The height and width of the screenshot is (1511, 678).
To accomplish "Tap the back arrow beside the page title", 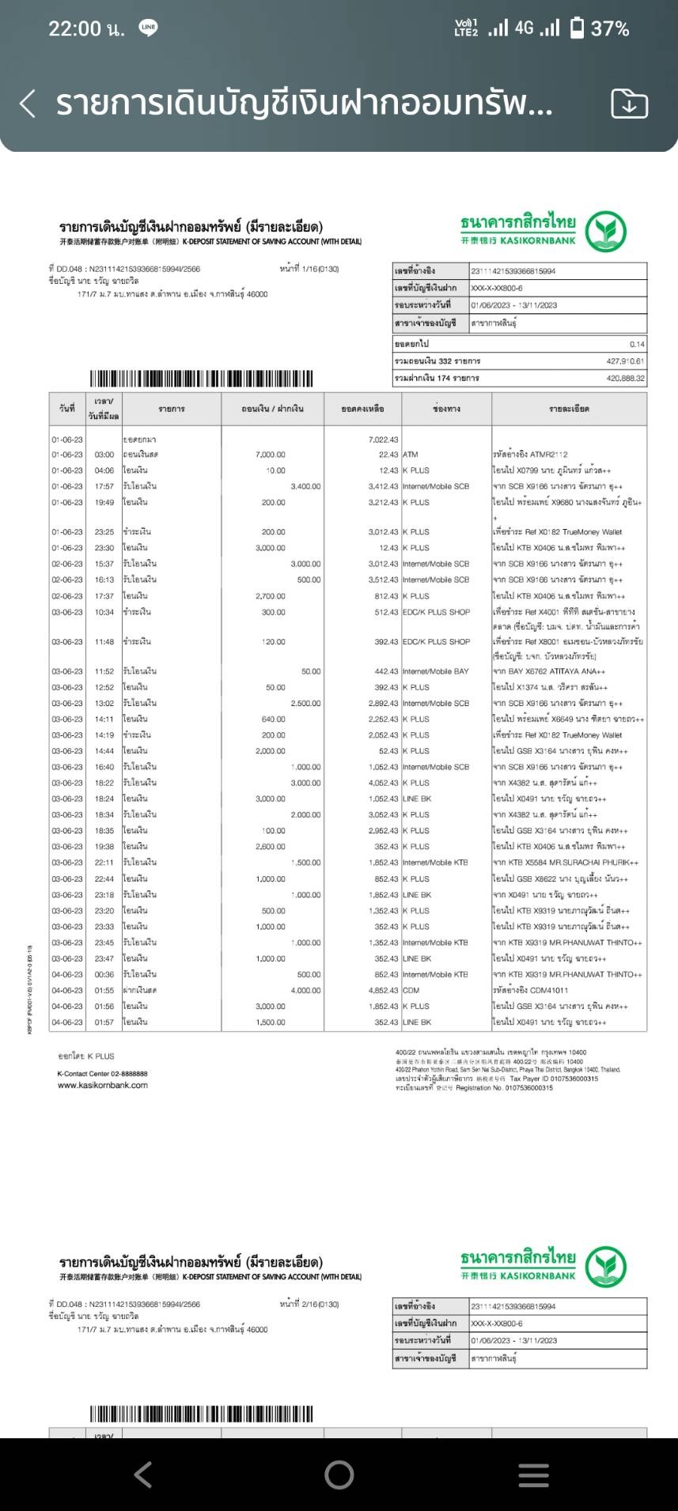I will (28, 104).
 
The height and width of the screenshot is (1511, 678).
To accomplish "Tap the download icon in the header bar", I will (629, 104).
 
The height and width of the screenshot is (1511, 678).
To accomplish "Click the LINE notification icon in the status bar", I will (148, 28).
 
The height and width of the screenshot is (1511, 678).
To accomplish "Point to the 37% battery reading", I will (610, 29).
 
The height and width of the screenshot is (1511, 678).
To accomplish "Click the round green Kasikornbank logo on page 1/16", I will (606, 232).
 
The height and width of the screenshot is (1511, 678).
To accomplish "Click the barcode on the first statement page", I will (201, 378).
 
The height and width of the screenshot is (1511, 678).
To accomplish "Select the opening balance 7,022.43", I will (384, 440).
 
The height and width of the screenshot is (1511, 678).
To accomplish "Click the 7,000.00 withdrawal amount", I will (271, 455).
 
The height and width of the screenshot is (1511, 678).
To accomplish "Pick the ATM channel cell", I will (411, 455).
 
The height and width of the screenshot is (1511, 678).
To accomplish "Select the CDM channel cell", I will (411, 991).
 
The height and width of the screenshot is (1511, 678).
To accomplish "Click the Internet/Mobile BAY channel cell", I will (435, 671).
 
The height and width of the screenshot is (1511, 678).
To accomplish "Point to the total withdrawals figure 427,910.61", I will (625, 361).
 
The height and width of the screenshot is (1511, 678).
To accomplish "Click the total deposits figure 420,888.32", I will (625, 379).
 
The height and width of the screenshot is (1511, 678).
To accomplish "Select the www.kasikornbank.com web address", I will (103, 1086).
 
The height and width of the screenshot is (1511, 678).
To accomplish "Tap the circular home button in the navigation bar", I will (339, 1475).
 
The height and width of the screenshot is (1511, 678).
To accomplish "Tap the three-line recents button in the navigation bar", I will (533, 1475).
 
